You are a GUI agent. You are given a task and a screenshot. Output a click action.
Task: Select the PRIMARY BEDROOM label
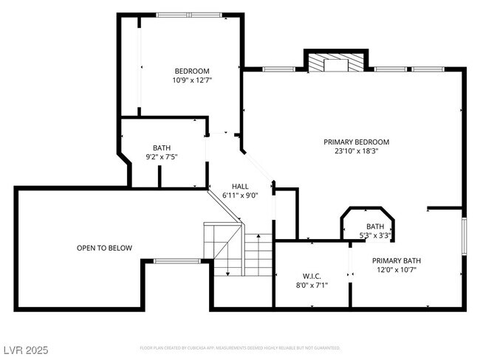tap(356, 142)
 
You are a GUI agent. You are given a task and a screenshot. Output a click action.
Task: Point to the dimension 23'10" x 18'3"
tap(356, 151)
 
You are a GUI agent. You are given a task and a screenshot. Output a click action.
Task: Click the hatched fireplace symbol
tap(337, 63)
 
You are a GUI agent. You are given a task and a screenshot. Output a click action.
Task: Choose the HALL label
tap(240, 187)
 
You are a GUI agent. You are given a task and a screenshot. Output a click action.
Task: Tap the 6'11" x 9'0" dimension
tap(240, 195)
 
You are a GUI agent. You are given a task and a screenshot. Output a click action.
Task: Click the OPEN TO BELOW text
tap(104, 248)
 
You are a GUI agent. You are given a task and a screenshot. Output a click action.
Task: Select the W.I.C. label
tap(310, 275)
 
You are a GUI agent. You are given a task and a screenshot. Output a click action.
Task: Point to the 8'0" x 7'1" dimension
tap(310, 285)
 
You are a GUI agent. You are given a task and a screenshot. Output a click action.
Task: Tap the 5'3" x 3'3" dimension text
tap(375, 236)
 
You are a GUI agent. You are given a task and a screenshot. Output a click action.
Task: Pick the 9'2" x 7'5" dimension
tap(162, 156)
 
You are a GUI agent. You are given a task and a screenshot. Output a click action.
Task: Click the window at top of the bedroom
tap(188, 15)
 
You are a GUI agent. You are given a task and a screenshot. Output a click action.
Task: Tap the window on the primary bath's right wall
tap(464, 236)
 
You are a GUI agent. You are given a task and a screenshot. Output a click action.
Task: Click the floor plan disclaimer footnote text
tap(240, 347)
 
